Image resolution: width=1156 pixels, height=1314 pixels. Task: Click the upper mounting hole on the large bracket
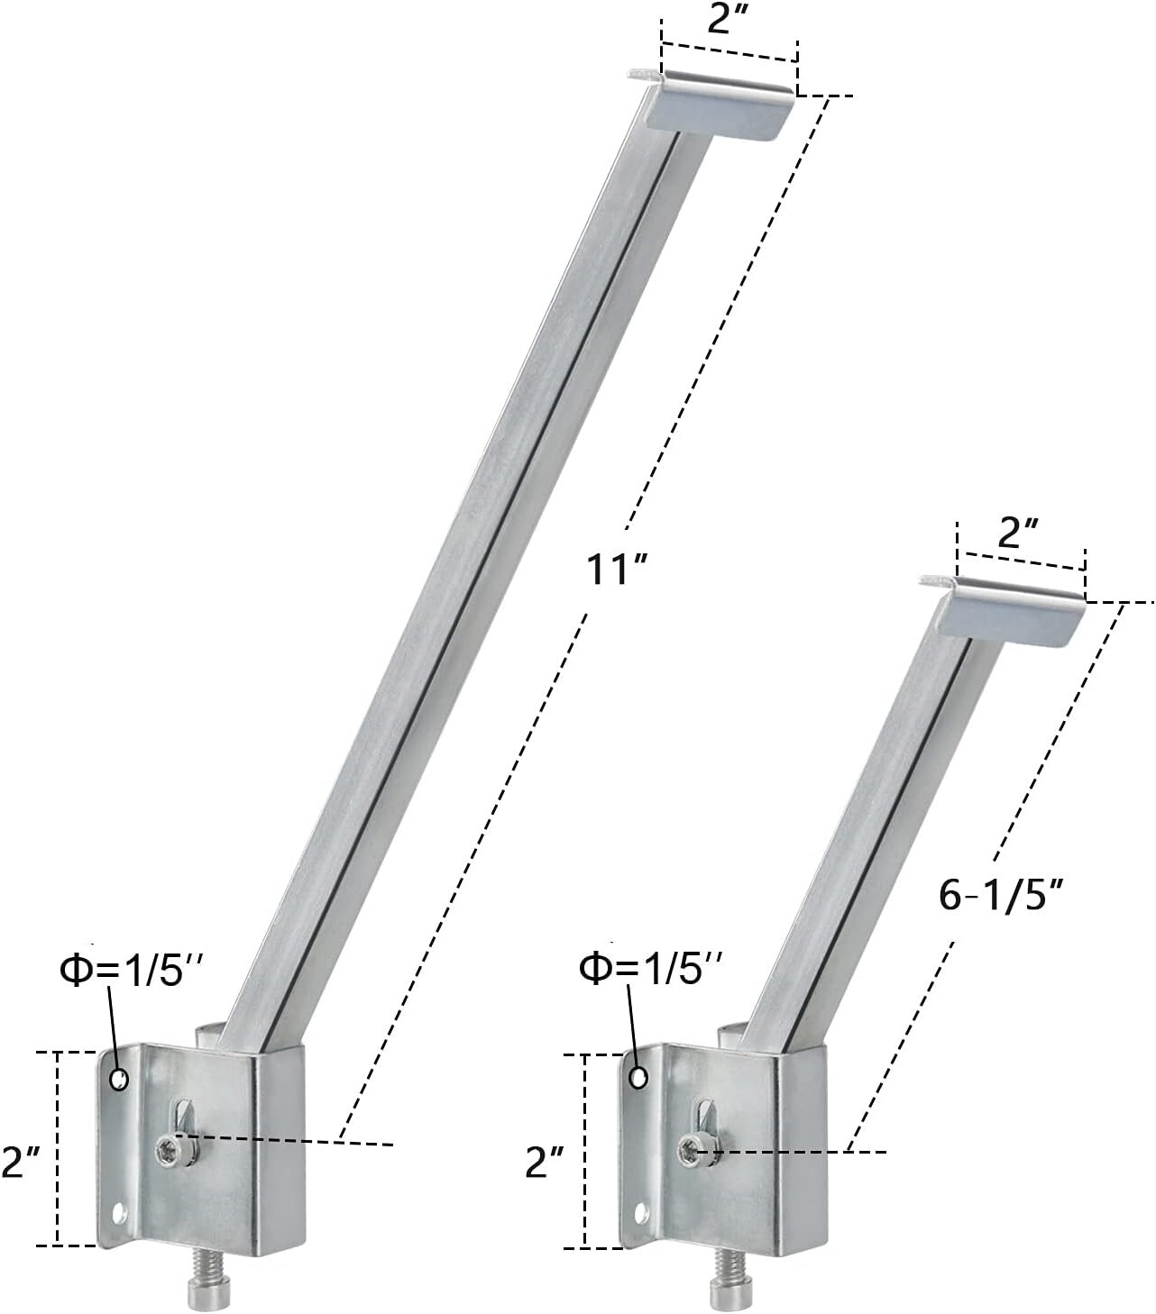(118, 1079)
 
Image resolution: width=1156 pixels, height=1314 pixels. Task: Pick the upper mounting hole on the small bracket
(638, 1078)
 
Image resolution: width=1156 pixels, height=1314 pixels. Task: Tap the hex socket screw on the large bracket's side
(169, 1147)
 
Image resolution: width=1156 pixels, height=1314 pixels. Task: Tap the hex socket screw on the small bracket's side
(690, 1148)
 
